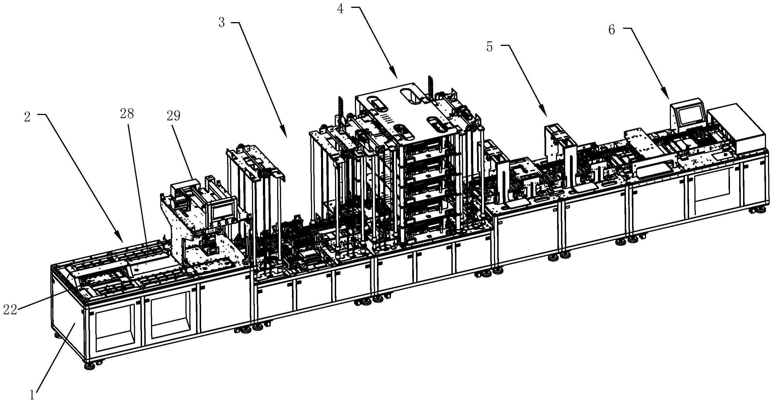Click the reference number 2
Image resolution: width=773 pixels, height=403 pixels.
click(27, 118)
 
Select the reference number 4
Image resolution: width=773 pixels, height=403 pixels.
click(340, 9)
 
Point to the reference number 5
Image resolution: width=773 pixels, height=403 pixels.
click(490, 47)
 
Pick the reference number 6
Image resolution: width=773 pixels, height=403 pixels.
click(612, 30)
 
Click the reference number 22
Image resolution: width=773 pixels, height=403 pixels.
click(10, 310)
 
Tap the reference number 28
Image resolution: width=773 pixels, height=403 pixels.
click(127, 114)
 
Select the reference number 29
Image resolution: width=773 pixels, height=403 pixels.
click(173, 116)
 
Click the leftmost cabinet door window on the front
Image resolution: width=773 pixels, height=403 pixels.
click(114, 331)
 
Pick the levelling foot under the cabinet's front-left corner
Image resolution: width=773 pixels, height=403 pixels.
click(89, 366)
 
